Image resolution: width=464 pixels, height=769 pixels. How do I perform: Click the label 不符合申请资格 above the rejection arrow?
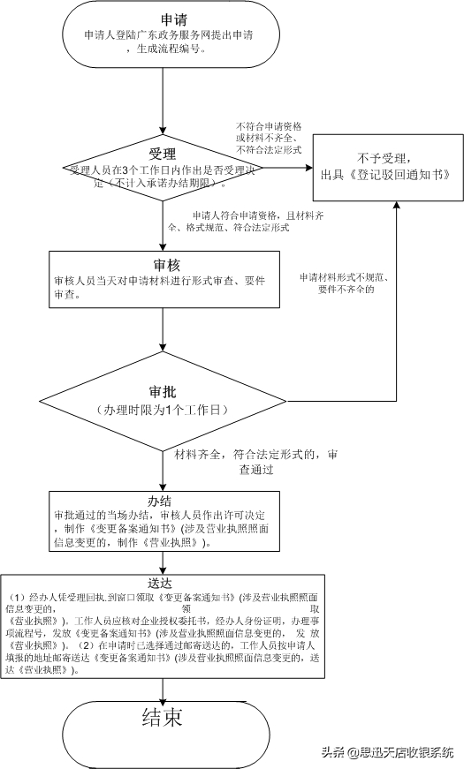point(268,127)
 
